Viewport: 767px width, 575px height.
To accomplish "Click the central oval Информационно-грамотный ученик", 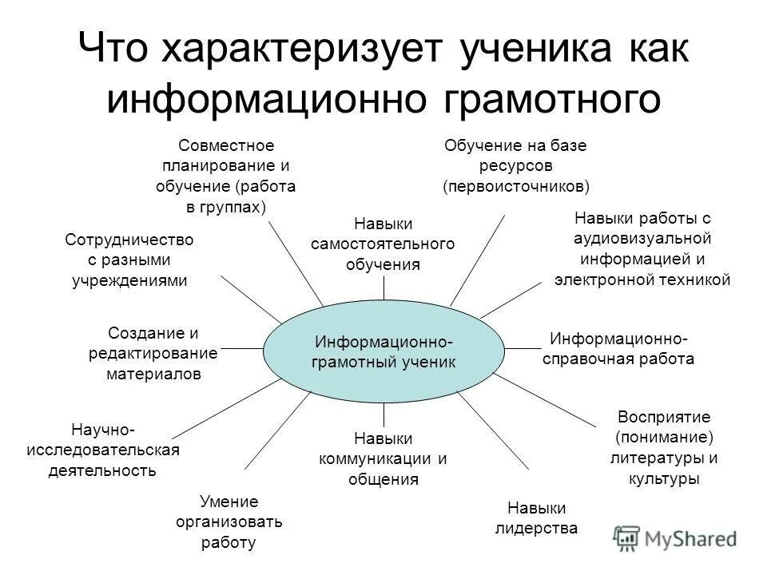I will pyautogui.click(x=383, y=351).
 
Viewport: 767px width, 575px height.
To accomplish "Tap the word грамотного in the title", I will pyautogui.click(x=552, y=99).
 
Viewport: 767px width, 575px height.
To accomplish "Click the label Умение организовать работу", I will pyautogui.click(x=229, y=522).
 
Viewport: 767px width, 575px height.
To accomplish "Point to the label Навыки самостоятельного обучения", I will pyautogui.click(x=383, y=244).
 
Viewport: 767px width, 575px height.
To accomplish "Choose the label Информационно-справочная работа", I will pyautogui.click(x=618, y=348).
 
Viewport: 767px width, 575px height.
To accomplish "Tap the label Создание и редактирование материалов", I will pyautogui.click(x=153, y=353).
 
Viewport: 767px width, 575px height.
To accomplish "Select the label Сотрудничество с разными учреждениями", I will pyautogui.click(x=129, y=260).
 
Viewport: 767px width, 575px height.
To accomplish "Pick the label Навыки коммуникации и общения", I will pyautogui.click(x=383, y=458).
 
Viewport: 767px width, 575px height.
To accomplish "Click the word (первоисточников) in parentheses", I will pyautogui.click(x=516, y=187).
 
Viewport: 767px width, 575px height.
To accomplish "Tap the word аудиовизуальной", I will pyautogui.click(x=642, y=239).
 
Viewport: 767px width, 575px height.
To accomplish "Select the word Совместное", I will pyautogui.click(x=226, y=145).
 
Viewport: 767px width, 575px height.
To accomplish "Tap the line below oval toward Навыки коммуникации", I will pyautogui.click(x=384, y=414).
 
